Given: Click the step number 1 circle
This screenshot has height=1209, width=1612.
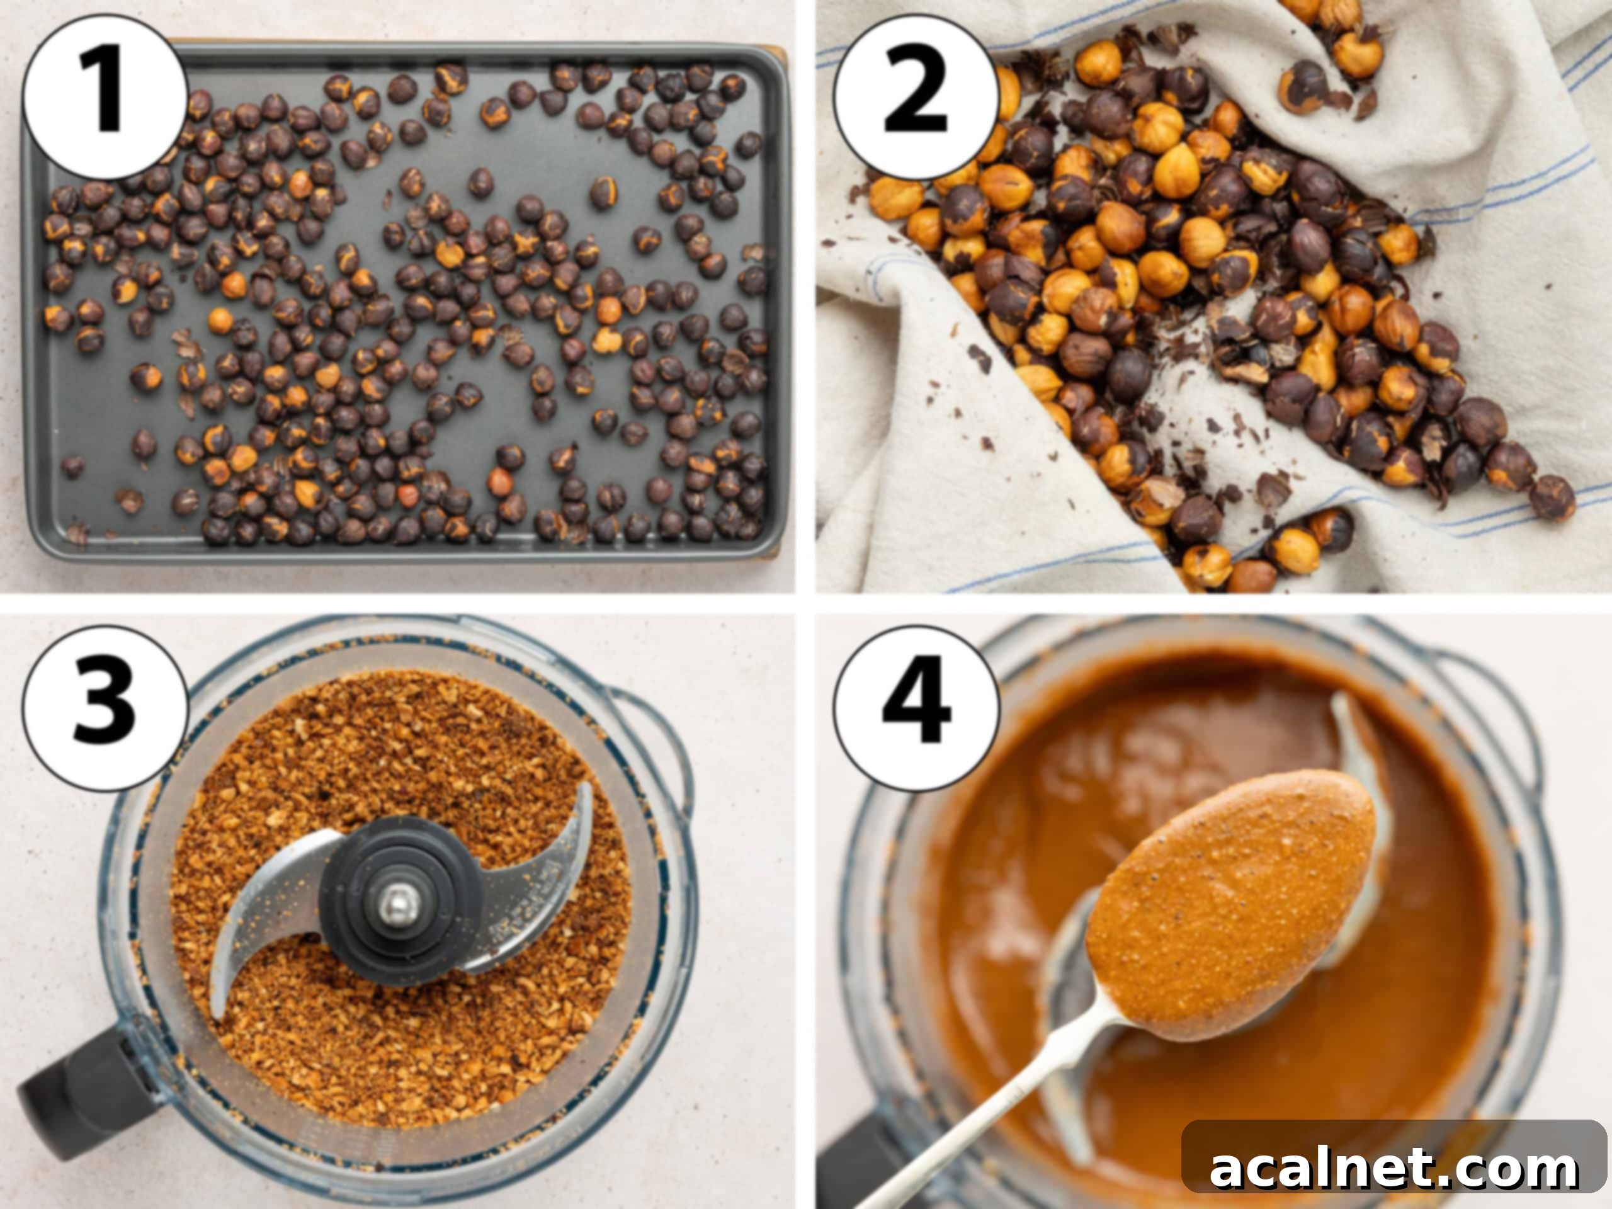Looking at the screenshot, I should [x=104, y=97].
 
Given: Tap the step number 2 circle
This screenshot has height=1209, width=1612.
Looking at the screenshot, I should [x=916, y=97].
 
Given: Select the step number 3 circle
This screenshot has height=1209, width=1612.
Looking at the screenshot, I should [x=104, y=708].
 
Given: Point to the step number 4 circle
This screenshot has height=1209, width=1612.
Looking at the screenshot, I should [x=916, y=708].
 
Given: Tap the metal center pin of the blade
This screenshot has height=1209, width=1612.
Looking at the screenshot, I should [x=398, y=903].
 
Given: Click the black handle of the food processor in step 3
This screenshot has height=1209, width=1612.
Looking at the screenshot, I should [x=80, y=1093].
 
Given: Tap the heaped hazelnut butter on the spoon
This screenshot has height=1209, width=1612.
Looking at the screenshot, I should [x=1232, y=897].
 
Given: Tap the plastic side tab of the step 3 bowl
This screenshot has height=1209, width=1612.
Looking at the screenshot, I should [x=659, y=736].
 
